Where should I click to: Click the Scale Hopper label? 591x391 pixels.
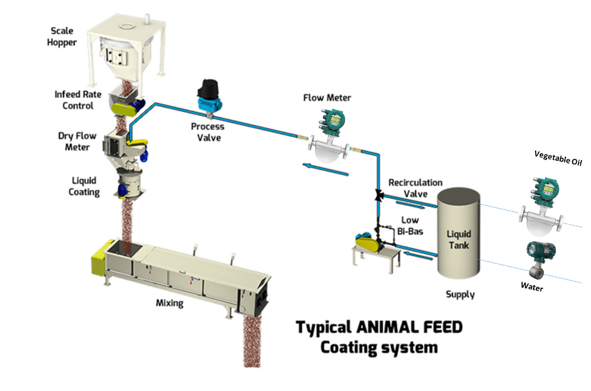coord(63,36)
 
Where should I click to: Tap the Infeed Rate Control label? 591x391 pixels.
coord(78,100)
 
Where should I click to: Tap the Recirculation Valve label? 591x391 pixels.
coord(415,188)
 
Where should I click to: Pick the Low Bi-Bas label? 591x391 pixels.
coord(410,226)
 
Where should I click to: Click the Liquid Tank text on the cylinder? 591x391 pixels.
coord(459,240)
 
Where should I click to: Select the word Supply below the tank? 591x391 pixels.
coord(460,294)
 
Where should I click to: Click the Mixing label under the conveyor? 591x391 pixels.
coord(169,303)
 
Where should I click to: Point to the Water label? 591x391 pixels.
coord(532,287)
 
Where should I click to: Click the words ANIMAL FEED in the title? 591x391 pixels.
coord(409,328)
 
